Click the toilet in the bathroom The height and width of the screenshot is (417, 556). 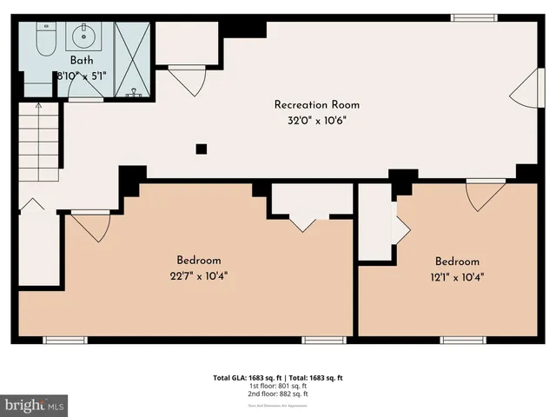(x=46, y=37)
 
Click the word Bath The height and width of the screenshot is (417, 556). (x=83, y=62)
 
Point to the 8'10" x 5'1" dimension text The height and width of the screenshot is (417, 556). (x=83, y=76)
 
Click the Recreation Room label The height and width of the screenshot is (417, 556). (x=316, y=105)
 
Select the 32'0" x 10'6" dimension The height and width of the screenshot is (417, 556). (x=316, y=121)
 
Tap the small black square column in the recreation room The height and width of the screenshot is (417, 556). (x=201, y=149)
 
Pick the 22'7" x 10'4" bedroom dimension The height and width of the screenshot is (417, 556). (x=199, y=276)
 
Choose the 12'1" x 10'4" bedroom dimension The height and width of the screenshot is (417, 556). (x=457, y=278)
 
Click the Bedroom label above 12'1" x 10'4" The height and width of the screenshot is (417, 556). (x=457, y=261)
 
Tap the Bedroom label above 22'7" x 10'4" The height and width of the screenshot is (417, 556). (x=199, y=260)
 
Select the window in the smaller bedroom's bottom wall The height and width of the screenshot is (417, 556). (x=462, y=339)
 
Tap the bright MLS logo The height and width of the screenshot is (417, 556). (x=35, y=405)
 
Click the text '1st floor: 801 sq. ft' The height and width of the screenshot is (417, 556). (x=278, y=386)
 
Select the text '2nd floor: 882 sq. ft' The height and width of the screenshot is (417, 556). (x=278, y=394)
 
